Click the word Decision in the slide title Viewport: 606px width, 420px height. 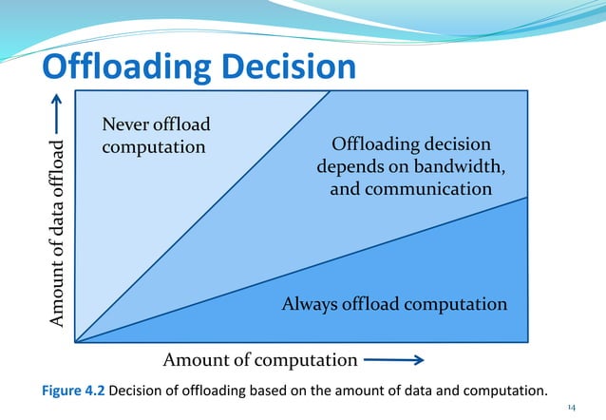point(291,67)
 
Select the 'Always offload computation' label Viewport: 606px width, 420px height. point(394,304)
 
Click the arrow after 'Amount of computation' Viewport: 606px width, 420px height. point(393,360)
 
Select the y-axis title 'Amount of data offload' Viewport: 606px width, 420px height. point(59,234)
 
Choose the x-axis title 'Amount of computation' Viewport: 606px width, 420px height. point(260,360)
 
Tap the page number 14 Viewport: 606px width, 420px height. point(571,407)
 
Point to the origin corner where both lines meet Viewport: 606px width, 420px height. point(76,340)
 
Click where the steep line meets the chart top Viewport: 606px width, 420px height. point(330,91)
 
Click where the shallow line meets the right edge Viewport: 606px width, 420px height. point(527,198)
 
